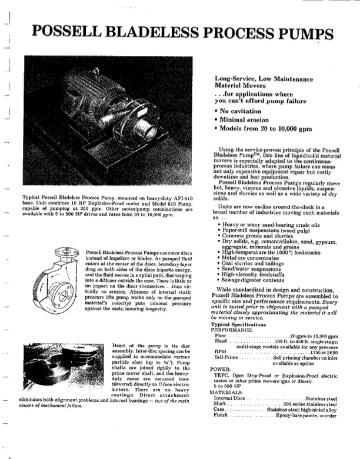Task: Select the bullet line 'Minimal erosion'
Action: point(244,119)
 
